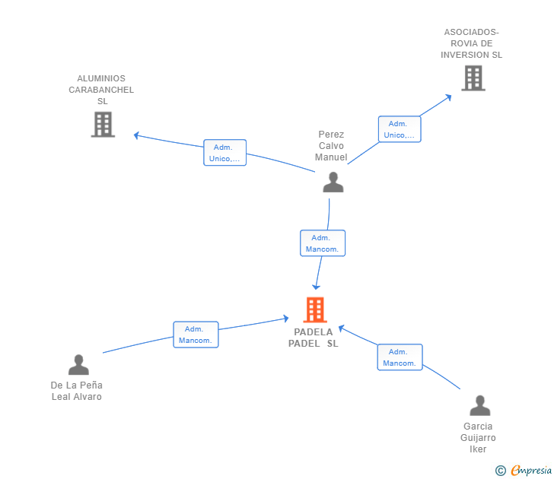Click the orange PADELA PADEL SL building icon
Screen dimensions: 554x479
click(x=315, y=309)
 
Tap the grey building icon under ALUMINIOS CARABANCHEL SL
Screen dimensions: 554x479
click(x=103, y=124)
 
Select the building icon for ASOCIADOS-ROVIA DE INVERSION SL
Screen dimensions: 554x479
click(x=473, y=78)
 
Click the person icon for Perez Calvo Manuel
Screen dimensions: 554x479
click(x=333, y=182)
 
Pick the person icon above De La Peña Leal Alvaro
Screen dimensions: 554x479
click(x=78, y=365)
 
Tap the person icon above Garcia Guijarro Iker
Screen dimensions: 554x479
click(x=479, y=405)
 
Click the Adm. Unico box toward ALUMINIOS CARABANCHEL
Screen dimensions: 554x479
click(x=224, y=153)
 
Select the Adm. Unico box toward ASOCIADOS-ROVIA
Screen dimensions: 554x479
click(x=400, y=129)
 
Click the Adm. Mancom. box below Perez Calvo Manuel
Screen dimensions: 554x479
click(x=323, y=243)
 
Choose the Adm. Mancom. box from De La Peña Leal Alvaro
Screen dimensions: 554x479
click(x=196, y=335)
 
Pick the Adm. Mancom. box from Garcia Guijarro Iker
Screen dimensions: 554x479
click(x=400, y=357)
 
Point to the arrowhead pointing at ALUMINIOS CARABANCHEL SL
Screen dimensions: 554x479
click(x=136, y=135)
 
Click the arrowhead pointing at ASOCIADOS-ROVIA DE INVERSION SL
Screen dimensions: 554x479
click(x=448, y=97)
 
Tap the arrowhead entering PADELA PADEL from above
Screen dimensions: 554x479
click(x=316, y=286)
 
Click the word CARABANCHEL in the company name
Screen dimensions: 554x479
click(x=101, y=90)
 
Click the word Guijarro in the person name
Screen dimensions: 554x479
click(x=478, y=438)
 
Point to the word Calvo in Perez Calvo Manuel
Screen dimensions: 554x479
click(x=331, y=146)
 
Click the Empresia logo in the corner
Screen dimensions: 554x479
click(x=524, y=470)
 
